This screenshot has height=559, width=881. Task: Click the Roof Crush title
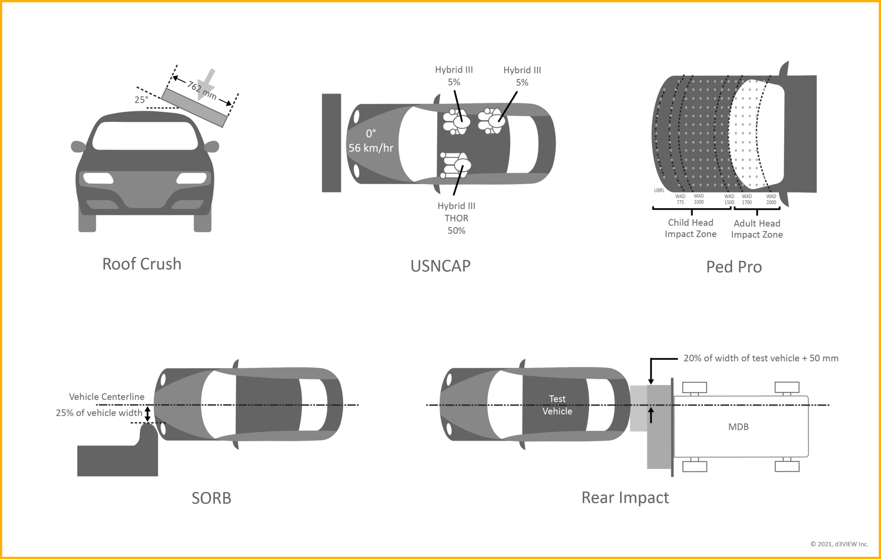click(x=142, y=264)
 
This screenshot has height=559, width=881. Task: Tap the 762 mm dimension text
click(x=201, y=90)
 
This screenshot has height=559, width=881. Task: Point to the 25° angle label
click(x=141, y=100)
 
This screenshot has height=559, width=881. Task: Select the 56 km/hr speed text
click(x=371, y=148)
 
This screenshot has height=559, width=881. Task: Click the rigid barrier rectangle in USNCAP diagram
click(x=331, y=143)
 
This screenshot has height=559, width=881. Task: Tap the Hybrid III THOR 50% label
click(x=456, y=218)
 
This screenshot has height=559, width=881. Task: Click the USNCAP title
click(x=440, y=266)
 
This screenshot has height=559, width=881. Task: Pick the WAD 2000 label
click(x=771, y=199)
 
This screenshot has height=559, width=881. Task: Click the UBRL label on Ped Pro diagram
click(x=659, y=190)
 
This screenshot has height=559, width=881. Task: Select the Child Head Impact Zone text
click(x=690, y=228)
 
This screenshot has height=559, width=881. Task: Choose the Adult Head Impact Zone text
click(x=757, y=229)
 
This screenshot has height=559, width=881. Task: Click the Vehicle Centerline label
click(x=107, y=397)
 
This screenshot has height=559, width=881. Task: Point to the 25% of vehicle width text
click(x=99, y=413)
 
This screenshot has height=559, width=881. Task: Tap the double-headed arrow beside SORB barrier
click(x=148, y=414)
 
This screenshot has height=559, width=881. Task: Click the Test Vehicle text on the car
click(x=557, y=405)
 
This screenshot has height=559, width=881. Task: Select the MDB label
click(x=738, y=427)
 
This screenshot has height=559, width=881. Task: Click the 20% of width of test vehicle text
click(x=761, y=358)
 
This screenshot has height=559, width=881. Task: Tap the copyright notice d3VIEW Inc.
click(x=839, y=544)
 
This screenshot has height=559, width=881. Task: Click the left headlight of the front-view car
click(x=98, y=178)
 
